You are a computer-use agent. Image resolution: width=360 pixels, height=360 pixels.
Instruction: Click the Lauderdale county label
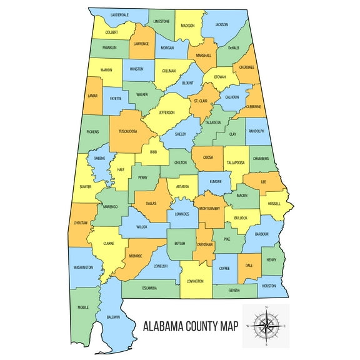coord(119,14)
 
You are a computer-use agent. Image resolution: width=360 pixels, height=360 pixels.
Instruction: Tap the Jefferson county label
coord(166,112)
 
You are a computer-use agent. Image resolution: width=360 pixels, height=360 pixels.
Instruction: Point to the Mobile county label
coord(83,307)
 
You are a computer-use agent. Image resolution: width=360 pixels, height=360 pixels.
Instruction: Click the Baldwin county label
coord(113,317)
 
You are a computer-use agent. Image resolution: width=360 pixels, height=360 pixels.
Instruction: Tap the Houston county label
coord(269,286)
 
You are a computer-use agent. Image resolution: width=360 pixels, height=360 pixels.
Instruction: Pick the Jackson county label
coord(222,24)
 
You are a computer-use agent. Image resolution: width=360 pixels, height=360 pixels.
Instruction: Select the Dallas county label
coord(151,203)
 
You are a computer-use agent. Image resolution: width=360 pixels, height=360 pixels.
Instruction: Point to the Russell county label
coord(274,203)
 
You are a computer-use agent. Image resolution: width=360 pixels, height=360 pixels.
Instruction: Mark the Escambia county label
coord(149,288)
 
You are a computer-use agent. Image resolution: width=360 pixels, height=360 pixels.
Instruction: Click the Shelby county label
coord(181,134)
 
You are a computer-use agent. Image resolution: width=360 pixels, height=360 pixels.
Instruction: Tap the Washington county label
coord(83,267)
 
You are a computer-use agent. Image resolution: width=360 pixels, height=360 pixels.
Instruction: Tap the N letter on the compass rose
coord(267,308)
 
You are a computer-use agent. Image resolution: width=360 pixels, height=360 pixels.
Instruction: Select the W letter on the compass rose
coord(247,326)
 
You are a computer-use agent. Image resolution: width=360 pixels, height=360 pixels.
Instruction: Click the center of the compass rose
coord(267,326)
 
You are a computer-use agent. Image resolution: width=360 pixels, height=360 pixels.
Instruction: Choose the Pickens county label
coord(92,132)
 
